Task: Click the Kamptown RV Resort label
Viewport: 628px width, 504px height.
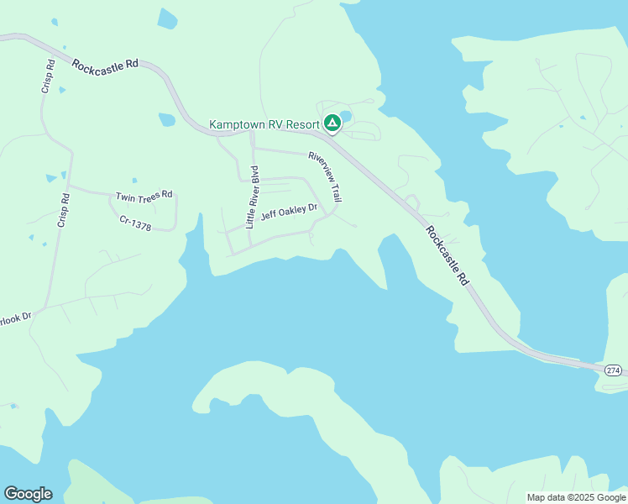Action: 264,124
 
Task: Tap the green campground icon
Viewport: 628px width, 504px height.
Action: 332,123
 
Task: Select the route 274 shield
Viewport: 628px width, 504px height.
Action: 614,370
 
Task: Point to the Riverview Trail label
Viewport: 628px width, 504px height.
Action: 325,176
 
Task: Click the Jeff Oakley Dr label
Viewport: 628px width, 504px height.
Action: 289,212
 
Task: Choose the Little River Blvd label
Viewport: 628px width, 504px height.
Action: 253,197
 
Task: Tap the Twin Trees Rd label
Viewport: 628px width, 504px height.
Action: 144,196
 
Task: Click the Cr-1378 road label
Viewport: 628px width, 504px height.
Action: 135,223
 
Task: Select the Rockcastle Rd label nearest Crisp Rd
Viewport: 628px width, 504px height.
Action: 105,65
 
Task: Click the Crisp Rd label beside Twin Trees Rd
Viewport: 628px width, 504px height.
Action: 63,211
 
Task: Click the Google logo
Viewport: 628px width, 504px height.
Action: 28,494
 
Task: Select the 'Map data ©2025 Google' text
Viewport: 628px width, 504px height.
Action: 576,497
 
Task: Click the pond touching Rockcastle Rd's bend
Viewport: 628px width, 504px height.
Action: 166,120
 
